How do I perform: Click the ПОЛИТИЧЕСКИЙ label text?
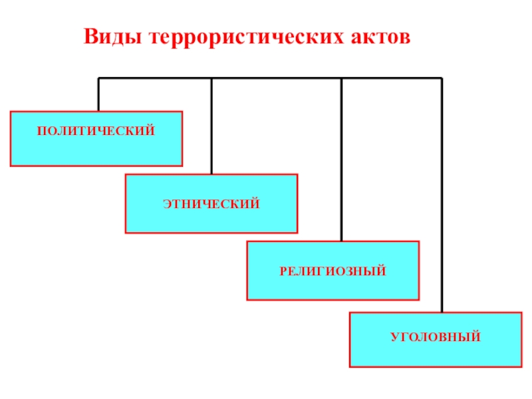click(96, 132)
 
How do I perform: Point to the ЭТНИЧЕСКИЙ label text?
click(211, 203)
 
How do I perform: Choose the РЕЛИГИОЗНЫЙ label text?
click(332, 271)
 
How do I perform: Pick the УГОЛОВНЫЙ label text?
click(436, 338)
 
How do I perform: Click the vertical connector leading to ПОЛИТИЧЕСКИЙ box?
click(98, 94)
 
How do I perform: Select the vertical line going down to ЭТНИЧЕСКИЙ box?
click(211, 126)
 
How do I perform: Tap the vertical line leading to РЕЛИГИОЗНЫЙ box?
click(341, 160)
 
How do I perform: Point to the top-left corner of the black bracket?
click(98, 78)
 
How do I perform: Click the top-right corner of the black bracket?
click(442, 78)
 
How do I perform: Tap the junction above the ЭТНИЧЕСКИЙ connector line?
click(211, 78)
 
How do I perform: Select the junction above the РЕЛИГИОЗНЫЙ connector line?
click(341, 78)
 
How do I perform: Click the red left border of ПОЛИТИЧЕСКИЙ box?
click(11, 138)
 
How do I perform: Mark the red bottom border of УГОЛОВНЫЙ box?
click(436, 367)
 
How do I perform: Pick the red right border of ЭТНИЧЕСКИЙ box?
click(297, 203)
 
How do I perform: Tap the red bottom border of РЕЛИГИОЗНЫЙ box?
click(332, 299)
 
